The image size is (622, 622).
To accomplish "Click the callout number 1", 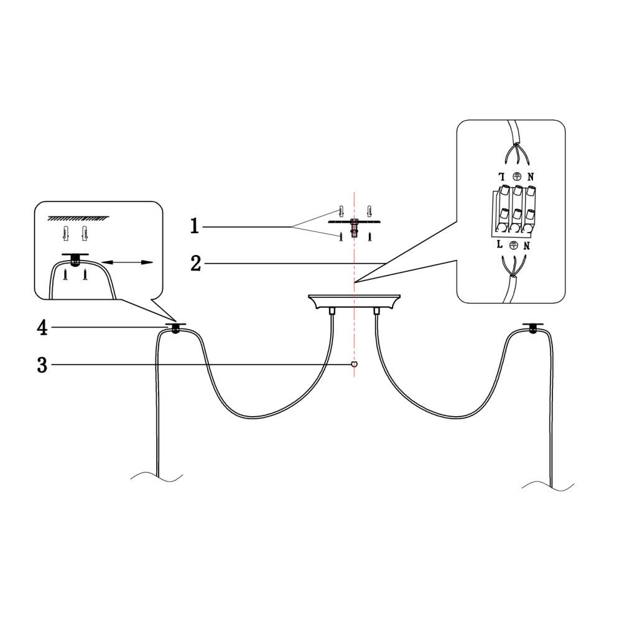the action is pos(194,226).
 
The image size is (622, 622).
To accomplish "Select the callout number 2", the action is pos(196,263).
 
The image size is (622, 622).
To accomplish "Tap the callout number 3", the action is pos(42,365).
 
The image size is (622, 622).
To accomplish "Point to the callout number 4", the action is pos(42,328).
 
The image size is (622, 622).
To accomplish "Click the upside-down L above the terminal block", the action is pos(502,177).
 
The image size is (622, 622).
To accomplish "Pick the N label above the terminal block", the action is pos(531,177).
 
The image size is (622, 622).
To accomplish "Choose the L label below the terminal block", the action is pos(500,244).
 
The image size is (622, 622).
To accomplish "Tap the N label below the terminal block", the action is pos(527,246).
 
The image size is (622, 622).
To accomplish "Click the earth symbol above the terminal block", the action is pos(516,177).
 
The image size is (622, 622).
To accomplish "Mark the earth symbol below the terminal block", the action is pos(514,246).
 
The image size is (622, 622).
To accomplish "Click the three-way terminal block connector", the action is pos(514,210).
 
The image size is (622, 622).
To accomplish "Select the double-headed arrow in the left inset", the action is pos(128,262).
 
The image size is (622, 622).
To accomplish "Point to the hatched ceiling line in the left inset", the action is pos(78,218).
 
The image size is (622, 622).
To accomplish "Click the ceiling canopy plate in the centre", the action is pos(355,302).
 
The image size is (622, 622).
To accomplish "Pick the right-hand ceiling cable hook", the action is pos(533,327).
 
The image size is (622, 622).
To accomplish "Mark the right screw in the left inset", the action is pos(85,274).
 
